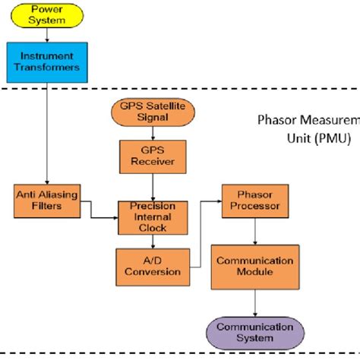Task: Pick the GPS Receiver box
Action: [x=153, y=156]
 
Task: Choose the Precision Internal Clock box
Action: [x=153, y=216]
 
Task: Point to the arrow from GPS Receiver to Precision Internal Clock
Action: [x=153, y=186]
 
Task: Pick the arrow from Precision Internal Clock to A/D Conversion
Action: [x=153, y=241]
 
